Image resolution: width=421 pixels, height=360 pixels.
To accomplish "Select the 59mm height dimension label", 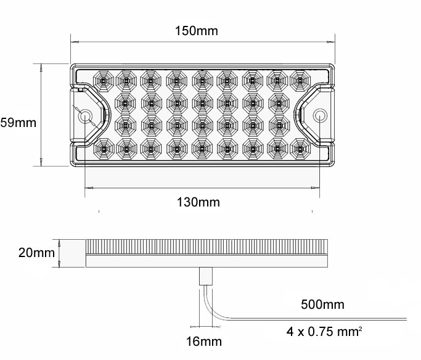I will pyautogui.click(x=18, y=122).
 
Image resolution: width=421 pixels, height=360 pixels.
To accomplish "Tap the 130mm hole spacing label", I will pyautogui.click(x=199, y=202).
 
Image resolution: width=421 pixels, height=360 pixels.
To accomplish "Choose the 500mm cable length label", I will pyautogui.click(x=322, y=304).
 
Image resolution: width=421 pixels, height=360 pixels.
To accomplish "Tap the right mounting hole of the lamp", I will pyautogui.click(x=319, y=116).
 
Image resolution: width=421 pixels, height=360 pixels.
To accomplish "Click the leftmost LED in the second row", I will pyautogui.click(x=125, y=102).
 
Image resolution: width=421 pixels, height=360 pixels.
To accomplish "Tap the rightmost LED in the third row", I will pyautogui.click(x=276, y=125).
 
